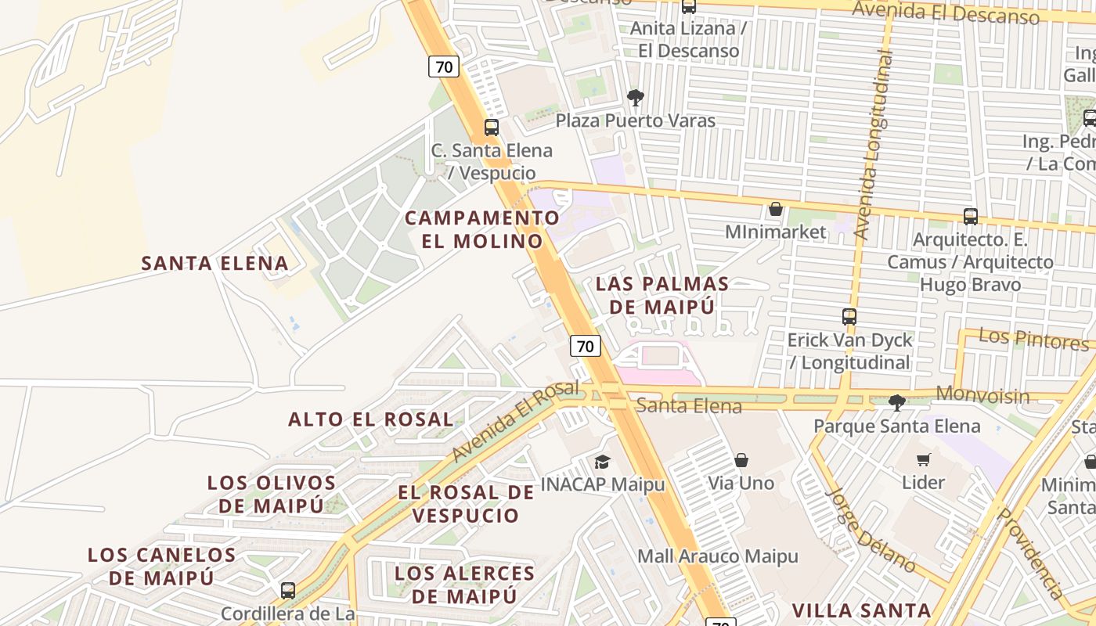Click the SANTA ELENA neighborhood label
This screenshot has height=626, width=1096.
point(215,264)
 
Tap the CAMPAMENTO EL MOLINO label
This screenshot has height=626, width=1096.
point(482,229)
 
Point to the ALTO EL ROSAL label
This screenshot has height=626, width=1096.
point(370,419)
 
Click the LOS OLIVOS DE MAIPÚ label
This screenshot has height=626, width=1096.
point(272,494)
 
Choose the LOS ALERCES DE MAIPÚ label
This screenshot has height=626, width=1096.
point(465,585)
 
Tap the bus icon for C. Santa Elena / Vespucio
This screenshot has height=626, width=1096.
point(492,127)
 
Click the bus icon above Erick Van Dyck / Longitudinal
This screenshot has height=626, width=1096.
point(849,317)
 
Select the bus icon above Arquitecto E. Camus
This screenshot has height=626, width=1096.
point(971,217)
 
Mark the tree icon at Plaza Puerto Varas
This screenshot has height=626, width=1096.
point(635,98)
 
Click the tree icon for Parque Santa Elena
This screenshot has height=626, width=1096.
point(897,403)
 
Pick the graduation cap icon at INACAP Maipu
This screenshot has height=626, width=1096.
point(602,462)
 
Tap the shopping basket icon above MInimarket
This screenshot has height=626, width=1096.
point(776,209)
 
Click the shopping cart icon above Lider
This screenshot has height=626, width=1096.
point(924,459)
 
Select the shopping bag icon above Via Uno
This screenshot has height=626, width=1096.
point(741,460)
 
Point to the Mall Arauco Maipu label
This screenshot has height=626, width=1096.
point(718,556)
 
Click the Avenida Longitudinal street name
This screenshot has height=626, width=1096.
point(875,145)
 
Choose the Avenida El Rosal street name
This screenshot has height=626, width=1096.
point(514,420)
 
